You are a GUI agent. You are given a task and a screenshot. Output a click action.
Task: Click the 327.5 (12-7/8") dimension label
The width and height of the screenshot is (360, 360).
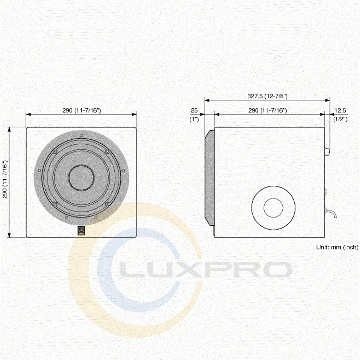267,96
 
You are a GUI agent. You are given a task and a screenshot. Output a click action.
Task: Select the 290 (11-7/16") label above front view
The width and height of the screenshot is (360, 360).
81,110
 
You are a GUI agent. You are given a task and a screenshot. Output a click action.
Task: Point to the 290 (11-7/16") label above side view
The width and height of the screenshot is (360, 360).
267,111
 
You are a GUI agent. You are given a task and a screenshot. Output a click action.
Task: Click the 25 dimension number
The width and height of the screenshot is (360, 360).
194,111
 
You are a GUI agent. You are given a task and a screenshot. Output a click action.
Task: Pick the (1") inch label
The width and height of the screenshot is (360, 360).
194,120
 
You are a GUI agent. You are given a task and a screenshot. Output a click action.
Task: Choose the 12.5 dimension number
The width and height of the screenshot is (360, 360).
340,111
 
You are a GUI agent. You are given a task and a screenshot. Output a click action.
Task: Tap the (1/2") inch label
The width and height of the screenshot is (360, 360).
340,119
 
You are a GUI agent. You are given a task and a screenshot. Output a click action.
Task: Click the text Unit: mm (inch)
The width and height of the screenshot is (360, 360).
337,247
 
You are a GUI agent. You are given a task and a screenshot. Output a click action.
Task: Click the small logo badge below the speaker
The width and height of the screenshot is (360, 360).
81,230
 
